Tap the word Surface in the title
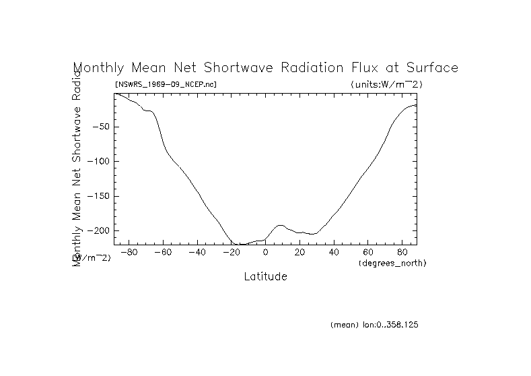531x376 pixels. [x=433, y=68]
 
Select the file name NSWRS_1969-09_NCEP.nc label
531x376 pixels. [x=166, y=85]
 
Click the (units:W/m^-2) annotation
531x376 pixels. [x=386, y=85]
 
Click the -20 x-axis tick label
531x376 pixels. [x=230, y=253]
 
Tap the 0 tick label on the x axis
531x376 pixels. [x=266, y=253]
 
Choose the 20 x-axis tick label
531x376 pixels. [x=300, y=253]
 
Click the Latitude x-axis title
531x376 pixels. [x=265, y=276]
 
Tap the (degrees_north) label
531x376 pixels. [x=393, y=263]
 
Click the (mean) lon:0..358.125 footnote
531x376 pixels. [x=375, y=325]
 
